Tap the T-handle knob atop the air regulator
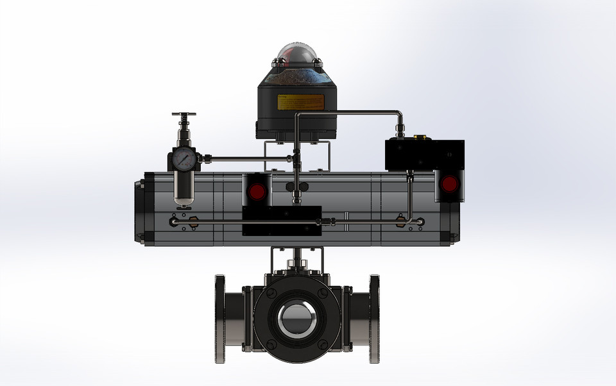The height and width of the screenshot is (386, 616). tap(184, 116)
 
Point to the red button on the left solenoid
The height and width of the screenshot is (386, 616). tap(257, 191)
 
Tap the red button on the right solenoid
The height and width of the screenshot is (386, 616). tap(449, 185)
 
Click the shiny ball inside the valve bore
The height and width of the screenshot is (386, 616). tap(296, 318)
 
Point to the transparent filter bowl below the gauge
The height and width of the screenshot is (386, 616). tap(184, 189)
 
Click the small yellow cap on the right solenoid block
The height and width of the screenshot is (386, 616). tap(421, 137)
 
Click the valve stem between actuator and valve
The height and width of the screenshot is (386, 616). tap(297, 264)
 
